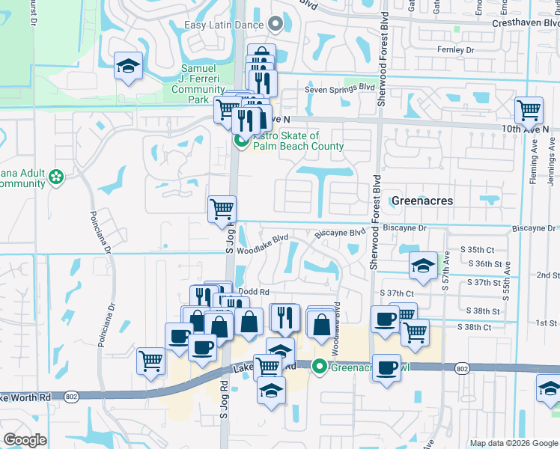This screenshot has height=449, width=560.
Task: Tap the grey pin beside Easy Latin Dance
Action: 276,25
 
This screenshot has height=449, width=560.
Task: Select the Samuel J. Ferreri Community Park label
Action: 198,84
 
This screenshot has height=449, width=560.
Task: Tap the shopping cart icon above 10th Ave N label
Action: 529,111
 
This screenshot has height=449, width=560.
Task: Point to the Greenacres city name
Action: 422,201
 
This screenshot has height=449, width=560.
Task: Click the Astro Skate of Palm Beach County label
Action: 298,141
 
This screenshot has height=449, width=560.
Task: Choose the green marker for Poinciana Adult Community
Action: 56,177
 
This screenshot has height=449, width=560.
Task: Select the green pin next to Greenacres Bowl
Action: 320,367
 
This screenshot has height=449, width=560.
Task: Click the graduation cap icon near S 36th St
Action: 423,266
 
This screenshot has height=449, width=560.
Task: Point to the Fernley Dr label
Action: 456,50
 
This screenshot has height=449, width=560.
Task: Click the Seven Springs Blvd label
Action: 339,88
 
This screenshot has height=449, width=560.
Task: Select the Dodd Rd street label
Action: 252,292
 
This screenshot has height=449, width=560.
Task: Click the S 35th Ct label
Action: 479,249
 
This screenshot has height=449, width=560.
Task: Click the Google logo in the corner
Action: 25,440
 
